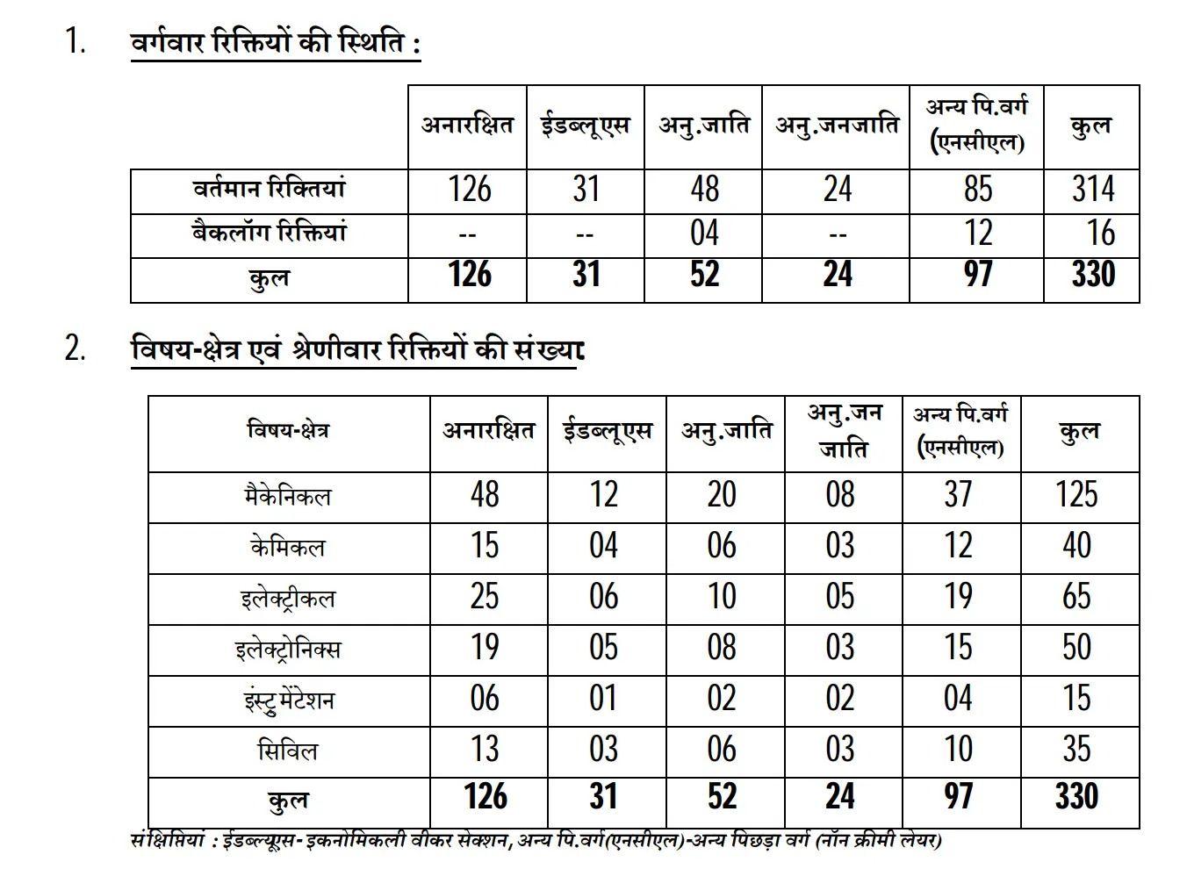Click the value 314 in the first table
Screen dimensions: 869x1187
coord(1092,190)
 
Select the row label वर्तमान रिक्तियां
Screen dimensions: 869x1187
coord(270,190)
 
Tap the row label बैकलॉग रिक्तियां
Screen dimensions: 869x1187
coord(270,233)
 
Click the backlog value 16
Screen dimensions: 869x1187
coord(1100,233)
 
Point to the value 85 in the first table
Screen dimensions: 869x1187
coord(977,190)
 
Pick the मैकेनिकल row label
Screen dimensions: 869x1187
coord(288,497)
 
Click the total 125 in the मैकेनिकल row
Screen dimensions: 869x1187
coord(1076,495)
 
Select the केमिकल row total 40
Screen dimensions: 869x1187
coord(1076,546)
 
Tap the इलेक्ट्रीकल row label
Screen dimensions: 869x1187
coord(288,599)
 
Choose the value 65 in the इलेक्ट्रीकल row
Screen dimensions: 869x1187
coord(1076,597)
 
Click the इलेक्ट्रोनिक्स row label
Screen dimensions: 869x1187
coord(288,650)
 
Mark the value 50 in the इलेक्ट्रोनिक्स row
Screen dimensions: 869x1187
coord(1076,648)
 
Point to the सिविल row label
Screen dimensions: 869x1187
coord(288,751)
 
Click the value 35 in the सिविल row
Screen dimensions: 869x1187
coord(1076,750)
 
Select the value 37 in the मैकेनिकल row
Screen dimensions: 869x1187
coord(958,495)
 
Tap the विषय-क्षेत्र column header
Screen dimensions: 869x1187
coord(288,431)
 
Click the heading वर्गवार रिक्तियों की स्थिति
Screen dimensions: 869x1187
coord(275,43)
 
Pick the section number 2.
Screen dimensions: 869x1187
coord(75,349)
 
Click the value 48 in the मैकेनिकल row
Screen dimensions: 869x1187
coord(485,495)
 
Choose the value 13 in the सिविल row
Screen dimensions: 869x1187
coord(485,750)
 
